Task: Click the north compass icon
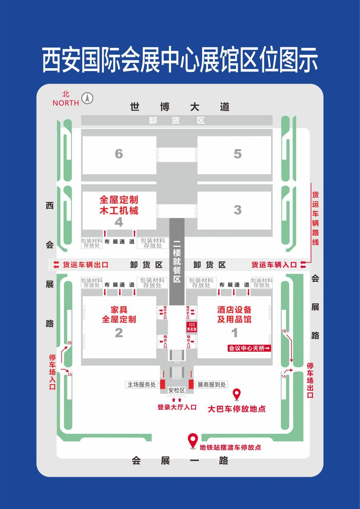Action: (87, 98)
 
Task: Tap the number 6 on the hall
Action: (119, 154)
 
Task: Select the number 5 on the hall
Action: (237, 154)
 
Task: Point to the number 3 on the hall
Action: (237, 209)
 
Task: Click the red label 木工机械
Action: (119, 210)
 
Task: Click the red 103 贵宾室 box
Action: (192, 327)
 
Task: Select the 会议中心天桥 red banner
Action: (250, 349)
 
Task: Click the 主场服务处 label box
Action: (142, 385)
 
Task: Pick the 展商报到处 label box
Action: (211, 385)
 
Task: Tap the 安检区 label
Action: (176, 390)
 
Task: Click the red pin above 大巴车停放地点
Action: (236, 394)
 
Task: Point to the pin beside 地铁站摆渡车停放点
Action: (193, 440)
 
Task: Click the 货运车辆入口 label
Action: (274, 265)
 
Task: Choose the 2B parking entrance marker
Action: (69, 343)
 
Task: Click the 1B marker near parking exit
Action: (284, 331)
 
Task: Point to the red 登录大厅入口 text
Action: (177, 407)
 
